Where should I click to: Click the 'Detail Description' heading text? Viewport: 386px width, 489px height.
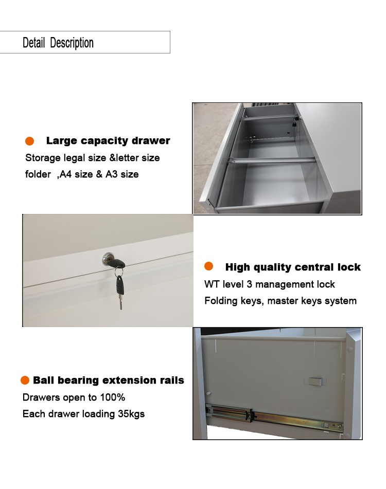pos(58,43)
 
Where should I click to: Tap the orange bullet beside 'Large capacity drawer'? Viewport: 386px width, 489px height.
pos(30,141)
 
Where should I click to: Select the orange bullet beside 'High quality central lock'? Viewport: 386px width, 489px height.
pos(208,266)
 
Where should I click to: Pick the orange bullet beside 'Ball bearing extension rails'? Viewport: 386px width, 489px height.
pos(25,380)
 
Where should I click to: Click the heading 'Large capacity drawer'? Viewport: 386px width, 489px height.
pos(108,141)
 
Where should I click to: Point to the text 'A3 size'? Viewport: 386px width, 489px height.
pos(122,174)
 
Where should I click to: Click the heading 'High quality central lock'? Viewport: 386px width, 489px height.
pos(293,267)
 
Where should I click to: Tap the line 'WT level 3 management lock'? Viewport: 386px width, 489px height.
pos(269,284)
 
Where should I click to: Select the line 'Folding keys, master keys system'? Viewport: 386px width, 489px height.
pos(280,301)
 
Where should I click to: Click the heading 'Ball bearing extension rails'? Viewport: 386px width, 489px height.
pos(108,380)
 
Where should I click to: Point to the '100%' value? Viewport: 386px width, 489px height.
pos(112,397)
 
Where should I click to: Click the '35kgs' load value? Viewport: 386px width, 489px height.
pos(131,414)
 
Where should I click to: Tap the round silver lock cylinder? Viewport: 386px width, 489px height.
pos(108,259)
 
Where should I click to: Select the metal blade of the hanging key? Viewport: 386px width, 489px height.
pos(120,302)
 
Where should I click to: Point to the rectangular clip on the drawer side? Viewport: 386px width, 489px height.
pos(314,381)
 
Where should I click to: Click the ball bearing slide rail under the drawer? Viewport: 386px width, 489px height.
pos(274,418)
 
